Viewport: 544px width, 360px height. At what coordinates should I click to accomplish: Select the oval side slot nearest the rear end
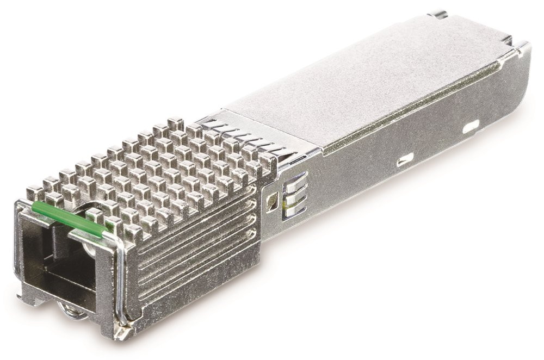pyautogui.click(x=471, y=127)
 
